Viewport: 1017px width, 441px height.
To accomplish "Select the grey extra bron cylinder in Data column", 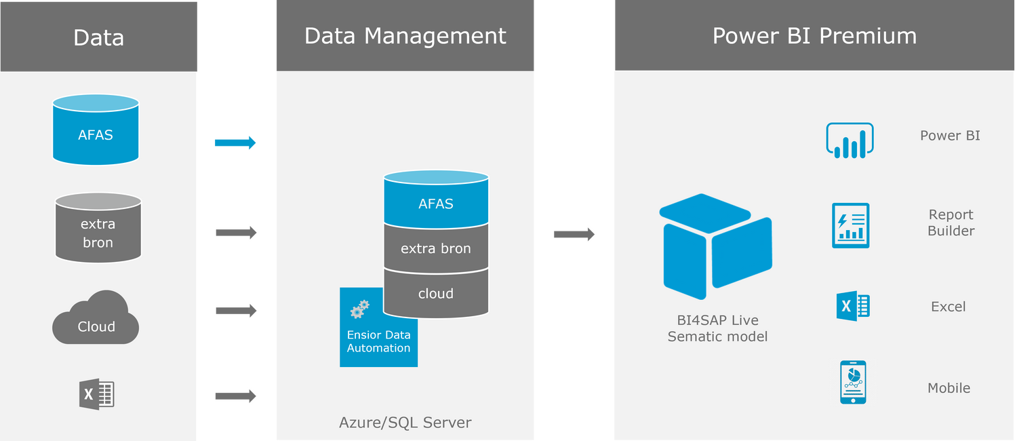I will pyautogui.click(x=98, y=229).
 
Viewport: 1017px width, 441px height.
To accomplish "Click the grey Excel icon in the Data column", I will pyautogui.click(x=96, y=394).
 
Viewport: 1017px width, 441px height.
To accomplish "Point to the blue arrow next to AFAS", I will pyautogui.click(x=236, y=142).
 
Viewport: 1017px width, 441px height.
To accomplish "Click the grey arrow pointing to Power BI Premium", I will pyautogui.click(x=574, y=235).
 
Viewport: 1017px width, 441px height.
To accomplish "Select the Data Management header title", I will pyautogui.click(x=405, y=36).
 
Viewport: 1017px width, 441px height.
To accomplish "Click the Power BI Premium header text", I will pyautogui.click(x=814, y=36).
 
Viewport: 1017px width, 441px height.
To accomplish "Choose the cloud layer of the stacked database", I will pyautogui.click(x=436, y=294).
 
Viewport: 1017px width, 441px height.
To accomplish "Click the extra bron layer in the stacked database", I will pyautogui.click(x=436, y=248).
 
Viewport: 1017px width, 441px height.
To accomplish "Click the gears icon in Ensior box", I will pyautogui.click(x=360, y=309).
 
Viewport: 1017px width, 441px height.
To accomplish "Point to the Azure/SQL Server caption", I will pyautogui.click(x=405, y=423).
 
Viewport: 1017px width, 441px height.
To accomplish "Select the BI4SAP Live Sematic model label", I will pyautogui.click(x=717, y=328).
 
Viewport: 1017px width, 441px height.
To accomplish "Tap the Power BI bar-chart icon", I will pyautogui.click(x=850, y=140).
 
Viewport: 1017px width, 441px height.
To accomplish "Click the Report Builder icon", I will pyautogui.click(x=850, y=225).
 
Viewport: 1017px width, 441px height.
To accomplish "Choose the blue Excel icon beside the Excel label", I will pyautogui.click(x=853, y=306).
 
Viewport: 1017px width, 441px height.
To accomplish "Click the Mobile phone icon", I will pyautogui.click(x=853, y=383).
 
